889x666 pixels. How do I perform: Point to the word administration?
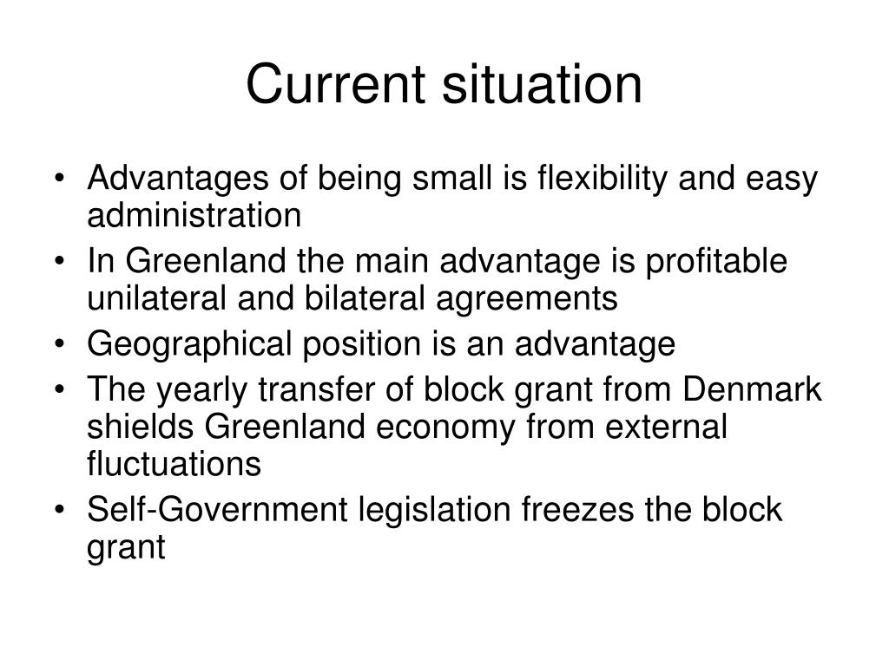tap(194, 215)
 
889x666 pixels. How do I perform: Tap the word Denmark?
tap(753, 390)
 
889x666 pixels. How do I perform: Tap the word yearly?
tap(198, 390)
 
